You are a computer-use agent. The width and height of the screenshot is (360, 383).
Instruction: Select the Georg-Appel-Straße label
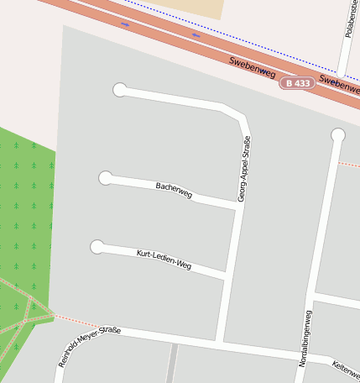click(243, 169)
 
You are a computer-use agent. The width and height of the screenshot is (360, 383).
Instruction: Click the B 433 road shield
click(297, 83)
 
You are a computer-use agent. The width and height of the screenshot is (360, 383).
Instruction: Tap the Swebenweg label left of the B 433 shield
click(253, 67)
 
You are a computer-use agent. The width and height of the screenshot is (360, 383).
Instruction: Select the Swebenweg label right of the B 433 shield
click(339, 85)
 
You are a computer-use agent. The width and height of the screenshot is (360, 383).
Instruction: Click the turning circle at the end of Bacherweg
click(106, 178)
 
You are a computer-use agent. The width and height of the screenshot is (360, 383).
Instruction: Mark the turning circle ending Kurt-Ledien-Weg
click(97, 246)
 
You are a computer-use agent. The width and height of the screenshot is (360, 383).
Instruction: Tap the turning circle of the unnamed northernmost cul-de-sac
click(120, 90)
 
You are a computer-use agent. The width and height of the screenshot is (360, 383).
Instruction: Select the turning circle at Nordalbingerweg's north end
click(338, 135)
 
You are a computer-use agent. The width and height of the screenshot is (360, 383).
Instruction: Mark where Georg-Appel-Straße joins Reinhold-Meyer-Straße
click(220, 344)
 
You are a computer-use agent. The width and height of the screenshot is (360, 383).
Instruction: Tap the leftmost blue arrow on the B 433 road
click(125, 24)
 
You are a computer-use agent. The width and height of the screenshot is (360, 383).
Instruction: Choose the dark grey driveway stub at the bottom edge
click(171, 364)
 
